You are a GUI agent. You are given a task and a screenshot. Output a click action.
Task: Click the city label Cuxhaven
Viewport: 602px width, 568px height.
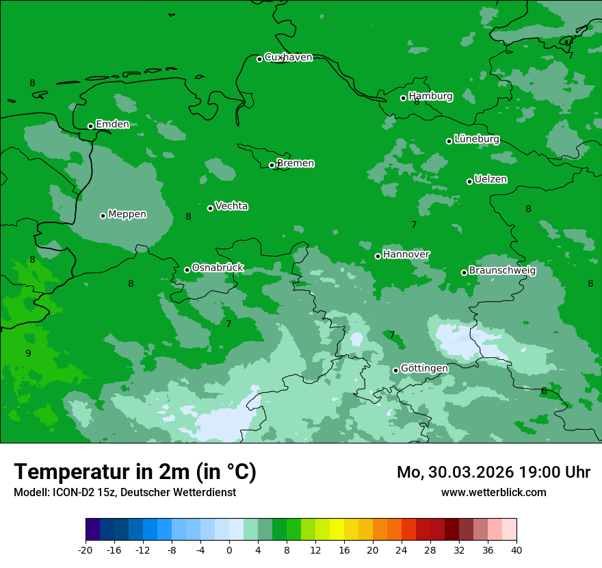(x=288, y=57)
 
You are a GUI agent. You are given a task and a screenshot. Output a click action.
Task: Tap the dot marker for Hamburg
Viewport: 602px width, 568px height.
(x=403, y=98)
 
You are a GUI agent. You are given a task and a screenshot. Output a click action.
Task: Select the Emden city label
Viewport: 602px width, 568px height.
(x=112, y=124)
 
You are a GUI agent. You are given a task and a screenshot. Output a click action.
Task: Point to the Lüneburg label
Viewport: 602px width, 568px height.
(x=477, y=139)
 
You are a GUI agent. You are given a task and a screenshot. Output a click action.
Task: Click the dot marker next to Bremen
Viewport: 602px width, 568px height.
(x=272, y=165)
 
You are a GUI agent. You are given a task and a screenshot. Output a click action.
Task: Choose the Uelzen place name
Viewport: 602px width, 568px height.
(x=490, y=179)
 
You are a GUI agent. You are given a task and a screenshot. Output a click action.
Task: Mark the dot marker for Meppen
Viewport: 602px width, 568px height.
(x=103, y=216)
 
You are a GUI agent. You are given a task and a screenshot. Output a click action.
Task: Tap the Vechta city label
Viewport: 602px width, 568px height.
(x=231, y=206)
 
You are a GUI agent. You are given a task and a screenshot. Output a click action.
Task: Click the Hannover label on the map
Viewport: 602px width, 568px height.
(x=406, y=255)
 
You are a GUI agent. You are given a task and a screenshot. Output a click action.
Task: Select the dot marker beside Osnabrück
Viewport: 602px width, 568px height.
(x=187, y=270)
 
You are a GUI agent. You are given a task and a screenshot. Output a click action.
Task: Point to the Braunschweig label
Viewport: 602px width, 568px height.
(x=502, y=270)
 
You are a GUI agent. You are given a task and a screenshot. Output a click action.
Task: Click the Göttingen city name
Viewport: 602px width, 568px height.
(x=424, y=368)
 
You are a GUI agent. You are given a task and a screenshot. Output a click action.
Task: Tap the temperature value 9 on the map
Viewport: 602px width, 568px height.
(x=28, y=353)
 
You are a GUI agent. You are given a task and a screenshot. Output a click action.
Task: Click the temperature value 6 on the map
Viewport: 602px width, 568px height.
(x=544, y=391)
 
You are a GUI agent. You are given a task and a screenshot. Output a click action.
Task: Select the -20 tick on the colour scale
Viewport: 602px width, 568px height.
(x=86, y=550)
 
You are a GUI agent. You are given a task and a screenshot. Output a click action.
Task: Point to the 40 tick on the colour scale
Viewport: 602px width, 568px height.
(x=516, y=550)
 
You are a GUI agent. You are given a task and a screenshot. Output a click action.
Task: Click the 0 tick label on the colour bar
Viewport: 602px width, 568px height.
(x=229, y=550)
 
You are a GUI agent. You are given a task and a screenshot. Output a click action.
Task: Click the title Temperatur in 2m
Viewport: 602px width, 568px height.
(x=135, y=472)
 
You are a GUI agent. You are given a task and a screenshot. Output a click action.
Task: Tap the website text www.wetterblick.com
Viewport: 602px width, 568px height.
(x=493, y=492)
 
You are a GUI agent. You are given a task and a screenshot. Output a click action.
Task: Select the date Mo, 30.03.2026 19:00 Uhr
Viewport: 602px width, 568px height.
(x=493, y=472)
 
